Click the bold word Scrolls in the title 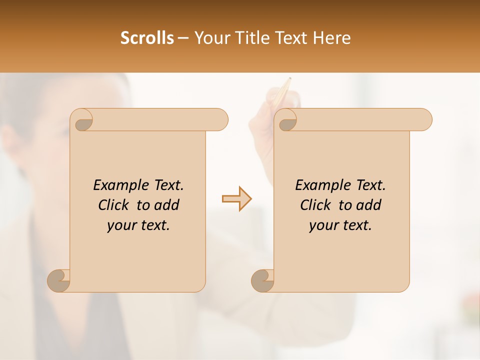(x=147, y=38)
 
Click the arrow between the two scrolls (x=236, y=199)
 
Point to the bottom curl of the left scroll (x=59, y=280)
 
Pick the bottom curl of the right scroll (x=262, y=280)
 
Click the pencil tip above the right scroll (x=289, y=79)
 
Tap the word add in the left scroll (x=166, y=205)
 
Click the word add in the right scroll (x=368, y=205)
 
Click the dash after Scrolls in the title (x=183, y=38)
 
